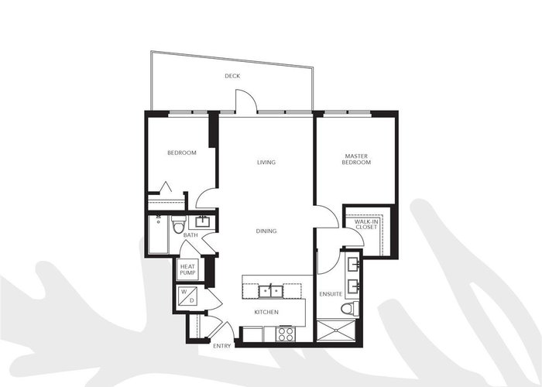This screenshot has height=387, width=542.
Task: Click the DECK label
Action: coord(232,76)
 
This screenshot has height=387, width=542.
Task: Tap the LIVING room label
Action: coord(266,162)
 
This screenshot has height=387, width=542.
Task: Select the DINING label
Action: coord(266,231)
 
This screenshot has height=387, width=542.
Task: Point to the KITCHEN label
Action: coord(266,312)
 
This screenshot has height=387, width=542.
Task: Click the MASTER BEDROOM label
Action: coord(356,159)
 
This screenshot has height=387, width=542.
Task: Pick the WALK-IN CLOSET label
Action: coord(366,224)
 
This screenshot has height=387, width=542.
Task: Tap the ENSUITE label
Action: coord(331,294)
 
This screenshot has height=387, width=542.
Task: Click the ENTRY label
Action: coord(222,346)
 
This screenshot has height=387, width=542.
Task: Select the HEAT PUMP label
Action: coord(187,269)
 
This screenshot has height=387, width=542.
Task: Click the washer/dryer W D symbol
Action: coord(187,296)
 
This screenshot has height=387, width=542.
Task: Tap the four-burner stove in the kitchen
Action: coord(286,334)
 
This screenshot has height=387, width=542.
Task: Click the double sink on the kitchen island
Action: coord(271,291)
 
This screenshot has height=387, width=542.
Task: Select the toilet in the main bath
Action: coord(178,224)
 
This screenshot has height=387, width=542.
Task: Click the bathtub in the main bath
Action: coord(158,235)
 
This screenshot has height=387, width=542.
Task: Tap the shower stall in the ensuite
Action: coord(336,330)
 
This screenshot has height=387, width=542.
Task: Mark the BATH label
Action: coord(190,235)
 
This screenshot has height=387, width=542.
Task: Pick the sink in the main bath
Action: coord(201,221)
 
